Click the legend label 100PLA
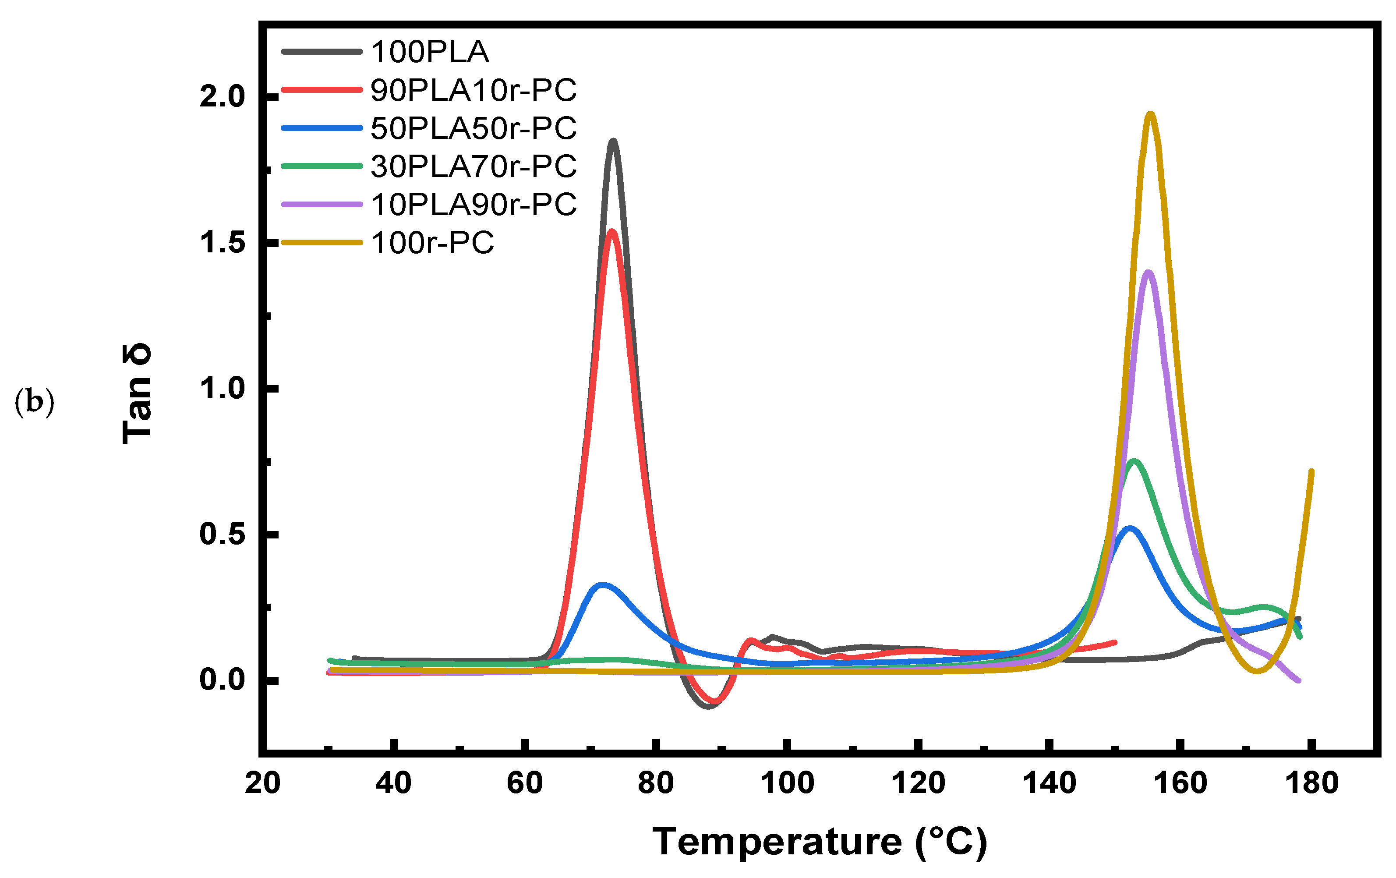click(430, 52)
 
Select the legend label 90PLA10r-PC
click(473, 90)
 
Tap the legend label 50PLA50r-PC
click(473, 128)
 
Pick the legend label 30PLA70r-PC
click(473, 166)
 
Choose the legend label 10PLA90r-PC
click(473, 204)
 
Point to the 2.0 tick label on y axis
click(223, 97)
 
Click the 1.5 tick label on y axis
click(223, 242)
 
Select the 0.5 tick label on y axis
click(223, 534)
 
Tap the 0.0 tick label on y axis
click(223, 680)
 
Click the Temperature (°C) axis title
click(819, 842)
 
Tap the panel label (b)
click(34, 401)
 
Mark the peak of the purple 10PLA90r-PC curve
click(1148, 272)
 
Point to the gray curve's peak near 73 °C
click(613, 141)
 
